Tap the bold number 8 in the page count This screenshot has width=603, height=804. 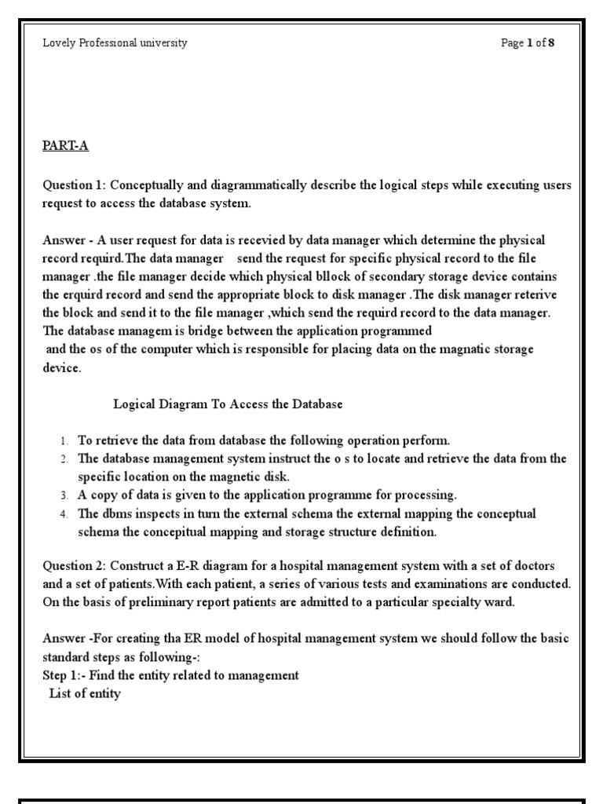tap(551, 43)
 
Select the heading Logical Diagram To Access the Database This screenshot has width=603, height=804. tap(228, 404)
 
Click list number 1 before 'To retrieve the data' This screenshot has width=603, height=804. tap(64, 441)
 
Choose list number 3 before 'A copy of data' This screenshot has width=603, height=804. tap(64, 496)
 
